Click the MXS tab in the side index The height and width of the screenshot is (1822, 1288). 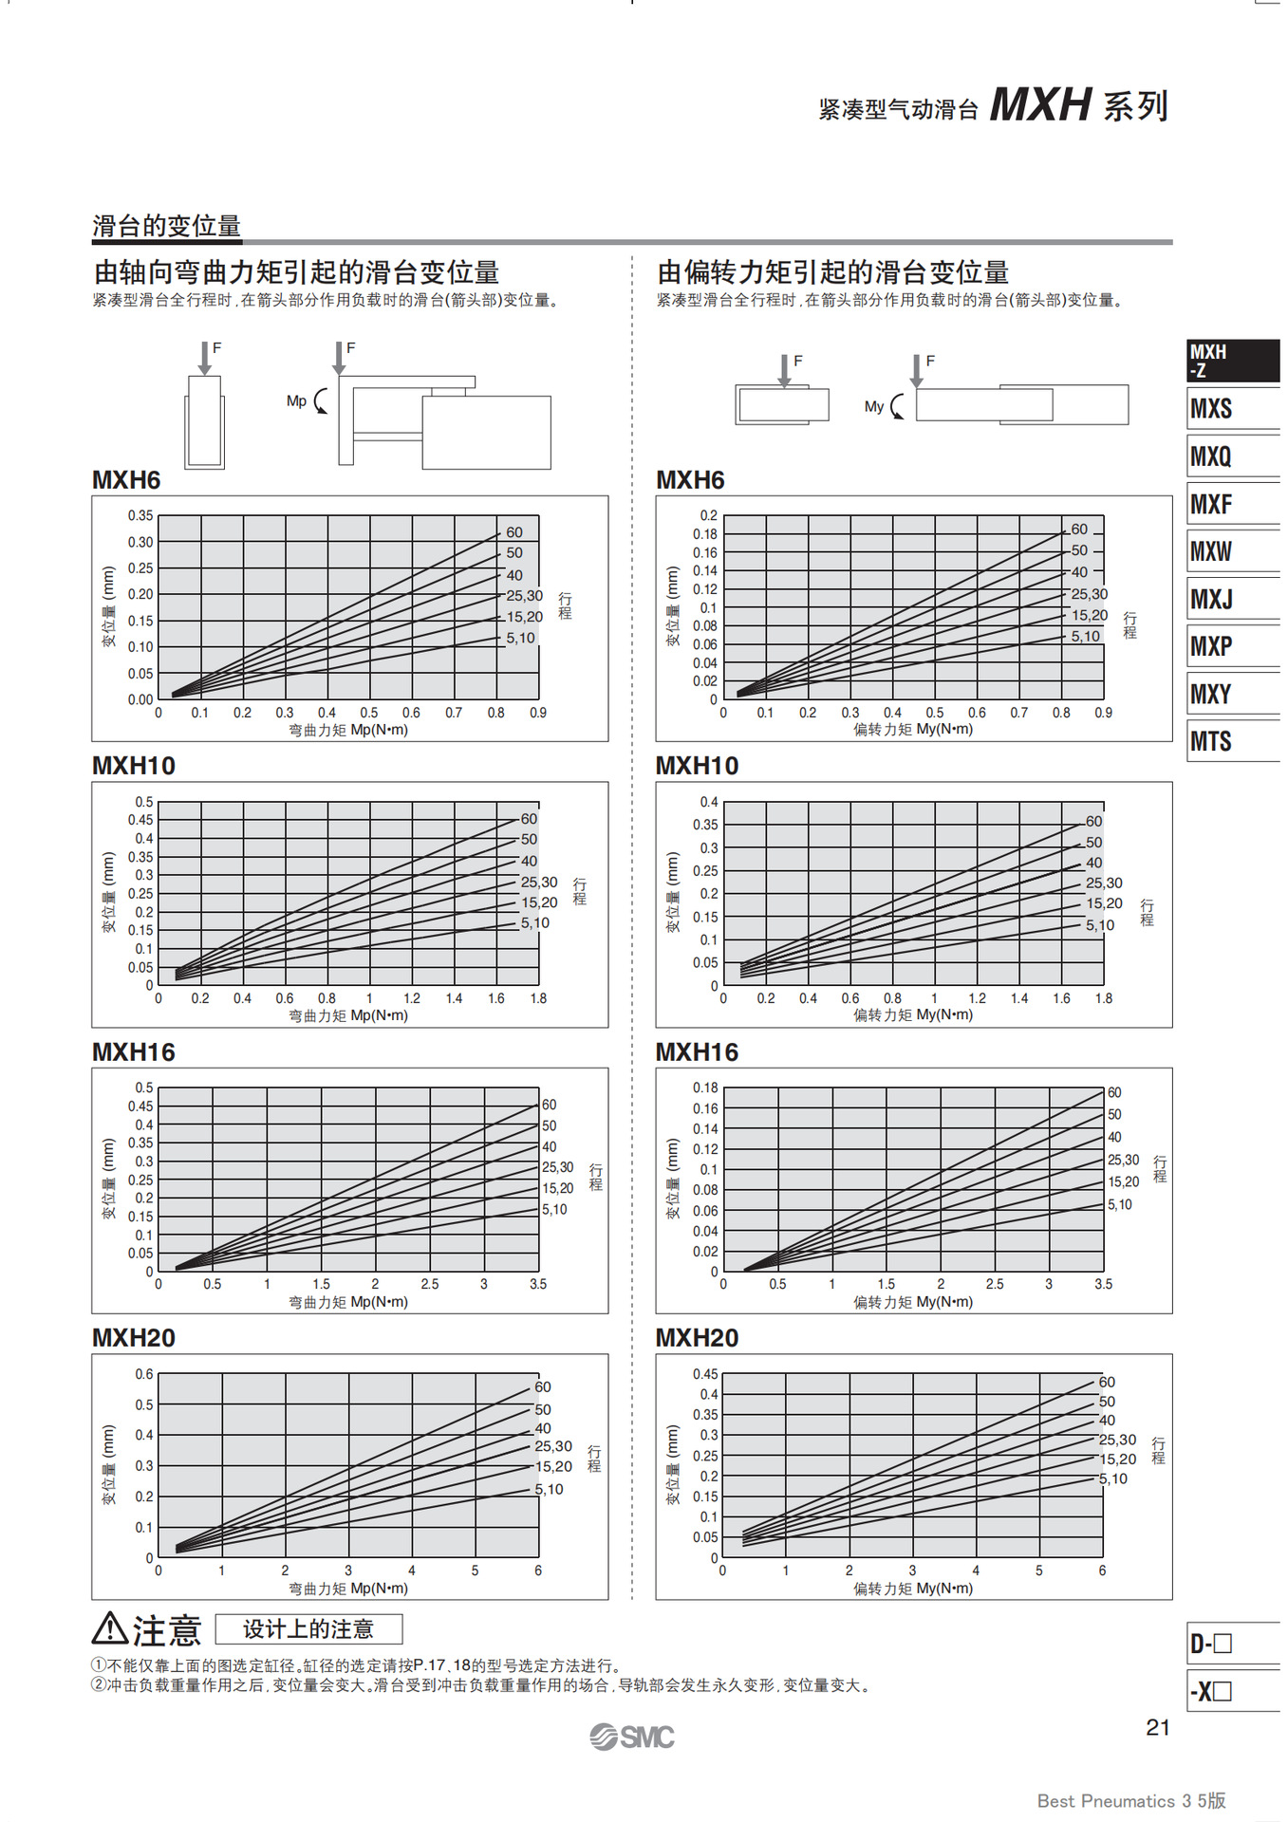[1212, 409]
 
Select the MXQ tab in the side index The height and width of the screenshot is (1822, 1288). [1211, 456]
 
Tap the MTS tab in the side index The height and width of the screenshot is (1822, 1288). [1211, 741]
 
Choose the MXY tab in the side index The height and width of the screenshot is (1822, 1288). [1211, 694]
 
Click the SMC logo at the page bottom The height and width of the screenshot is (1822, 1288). [632, 1737]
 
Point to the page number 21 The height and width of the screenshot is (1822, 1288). [1158, 1727]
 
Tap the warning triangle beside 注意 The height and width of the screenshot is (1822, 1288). [110, 1628]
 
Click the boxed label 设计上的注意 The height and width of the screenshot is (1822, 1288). [308, 1629]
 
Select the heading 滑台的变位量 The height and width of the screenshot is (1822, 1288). [166, 226]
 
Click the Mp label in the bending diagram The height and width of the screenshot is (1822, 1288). [296, 401]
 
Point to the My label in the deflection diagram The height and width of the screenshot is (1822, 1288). [873, 406]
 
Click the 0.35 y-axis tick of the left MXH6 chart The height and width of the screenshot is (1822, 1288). [140, 515]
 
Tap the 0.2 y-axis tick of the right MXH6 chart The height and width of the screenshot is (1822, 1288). [708, 515]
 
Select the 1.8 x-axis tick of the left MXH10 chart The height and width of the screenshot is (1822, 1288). [538, 998]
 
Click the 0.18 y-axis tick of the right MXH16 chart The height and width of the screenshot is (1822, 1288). [705, 1088]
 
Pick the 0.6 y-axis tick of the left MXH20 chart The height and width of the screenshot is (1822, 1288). [143, 1374]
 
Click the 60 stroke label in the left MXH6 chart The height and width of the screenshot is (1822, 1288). [514, 532]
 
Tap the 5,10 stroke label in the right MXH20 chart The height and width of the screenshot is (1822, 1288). [1113, 1478]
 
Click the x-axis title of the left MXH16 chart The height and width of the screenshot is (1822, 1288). [348, 1302]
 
